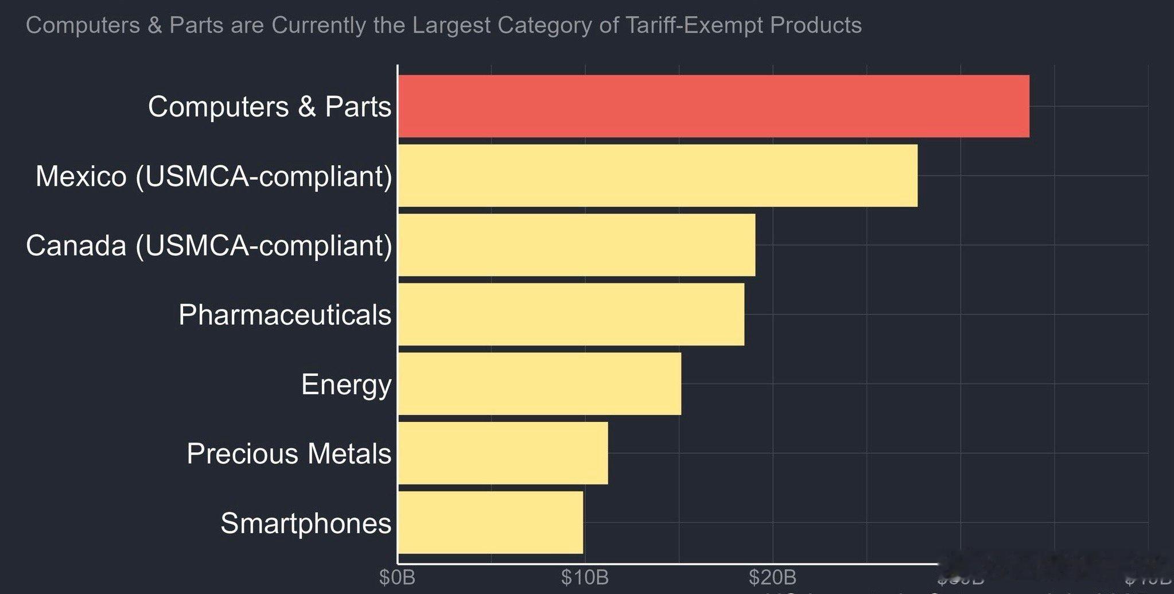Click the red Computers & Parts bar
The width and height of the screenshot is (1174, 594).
click(713, 106)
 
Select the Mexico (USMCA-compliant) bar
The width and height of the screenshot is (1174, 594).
click(658, 176)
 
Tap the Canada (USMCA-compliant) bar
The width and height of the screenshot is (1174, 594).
click(576, 245)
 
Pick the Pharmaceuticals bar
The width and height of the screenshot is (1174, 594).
click(571, 315)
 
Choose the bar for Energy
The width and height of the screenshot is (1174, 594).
click(539, 384)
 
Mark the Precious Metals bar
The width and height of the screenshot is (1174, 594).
click(503, 453)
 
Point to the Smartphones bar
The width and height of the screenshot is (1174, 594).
click(491, 522)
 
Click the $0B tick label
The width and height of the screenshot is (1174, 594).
click(397, 577)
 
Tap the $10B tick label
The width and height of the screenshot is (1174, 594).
click(585, 577)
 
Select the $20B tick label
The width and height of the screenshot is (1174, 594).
click(772, 577)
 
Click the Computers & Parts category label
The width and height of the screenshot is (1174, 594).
click(270, 107)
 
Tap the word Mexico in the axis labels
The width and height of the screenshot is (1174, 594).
click(81, 176)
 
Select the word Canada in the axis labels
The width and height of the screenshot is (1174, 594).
click(76, 246)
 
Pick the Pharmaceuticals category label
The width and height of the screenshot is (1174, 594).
click(285, 315)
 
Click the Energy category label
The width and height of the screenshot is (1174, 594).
click(346, 385)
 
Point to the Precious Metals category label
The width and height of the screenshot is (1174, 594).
click(289, 454)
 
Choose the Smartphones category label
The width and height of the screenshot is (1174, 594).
click(306, 523)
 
